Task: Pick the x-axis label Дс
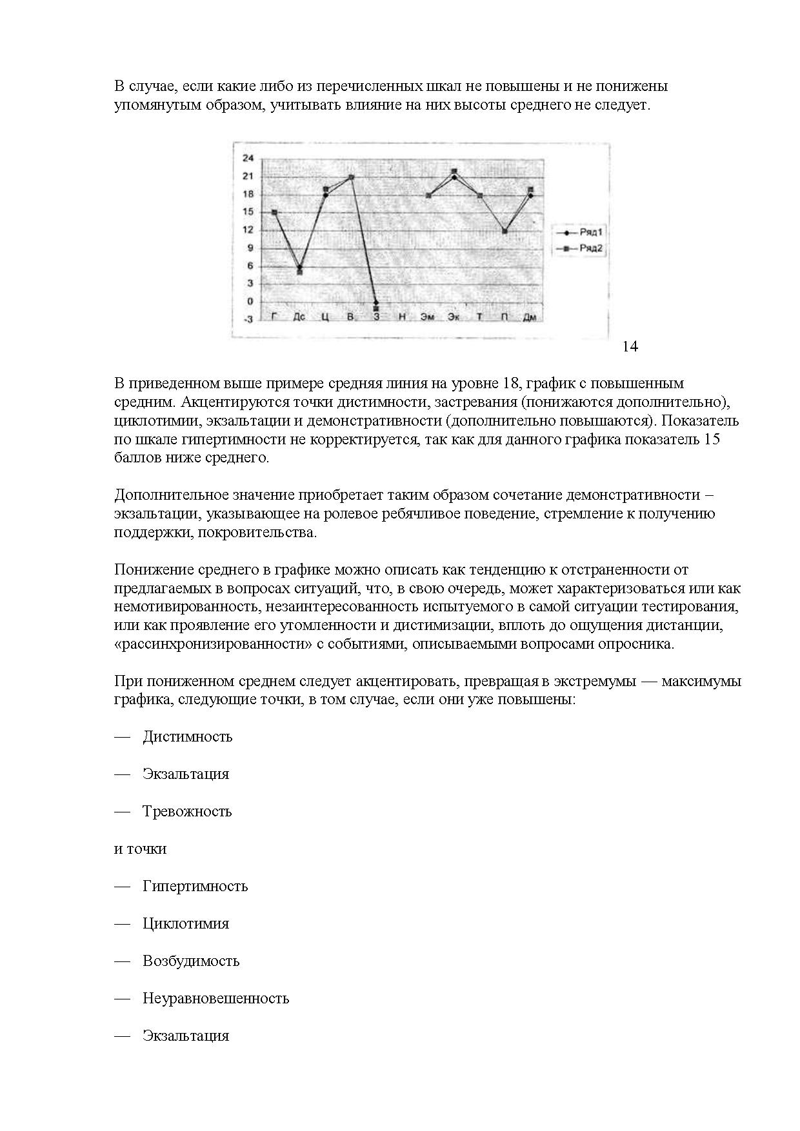[299, 317]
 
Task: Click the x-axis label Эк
[454, 317]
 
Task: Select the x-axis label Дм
[530, 317]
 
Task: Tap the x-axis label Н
[402, 317]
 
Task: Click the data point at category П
[505, 231]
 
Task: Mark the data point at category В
[352, 177]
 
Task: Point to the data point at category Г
[274, 212]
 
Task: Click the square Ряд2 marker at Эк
[454, 172]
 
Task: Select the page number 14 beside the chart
[630, 347]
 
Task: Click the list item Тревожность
[186, 811]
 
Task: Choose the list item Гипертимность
[195, 886]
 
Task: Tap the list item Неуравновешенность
[215, 998]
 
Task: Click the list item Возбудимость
[191, 961]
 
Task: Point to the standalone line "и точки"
[140, 849]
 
